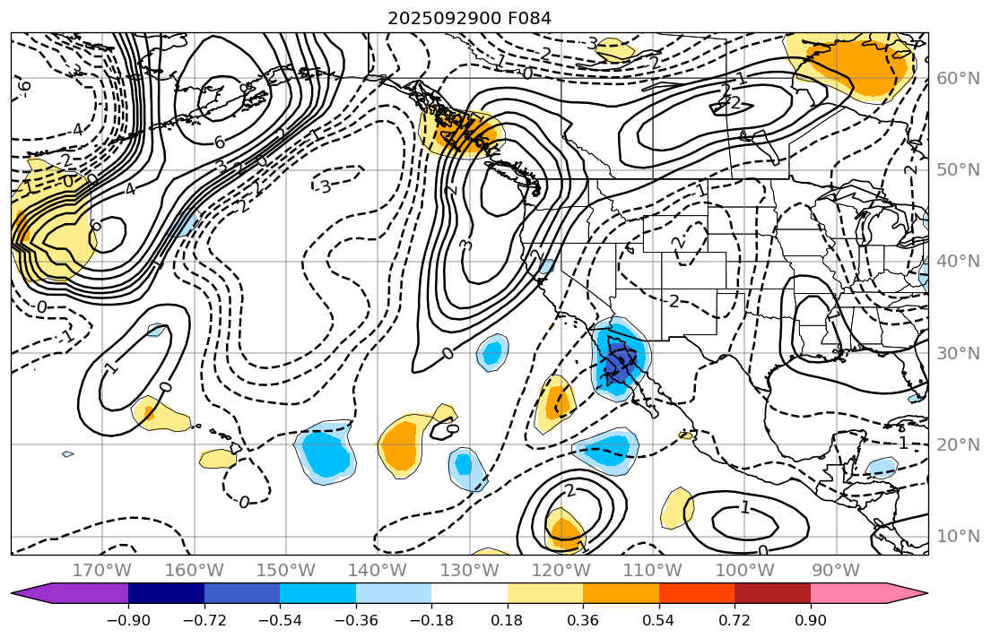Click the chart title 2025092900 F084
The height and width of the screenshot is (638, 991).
click(x=469, y=18)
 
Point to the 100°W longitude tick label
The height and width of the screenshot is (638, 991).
click(x=744, y=571)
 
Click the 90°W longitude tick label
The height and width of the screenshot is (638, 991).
click(x=836, y=571)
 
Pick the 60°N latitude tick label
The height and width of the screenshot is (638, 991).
click(x=957, y=79)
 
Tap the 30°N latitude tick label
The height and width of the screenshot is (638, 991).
click(x=957, y=353)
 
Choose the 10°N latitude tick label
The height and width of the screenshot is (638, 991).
click(x=957, y=536)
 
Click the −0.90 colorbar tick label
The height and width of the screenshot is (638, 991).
click(x=128, y=621)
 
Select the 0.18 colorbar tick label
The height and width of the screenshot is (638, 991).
click(x=508, y=621)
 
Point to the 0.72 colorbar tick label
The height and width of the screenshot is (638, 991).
click(x=735, y=621)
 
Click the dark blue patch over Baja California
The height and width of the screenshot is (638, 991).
click(x=619, y=363)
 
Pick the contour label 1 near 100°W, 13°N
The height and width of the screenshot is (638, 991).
click(x=744, y=508)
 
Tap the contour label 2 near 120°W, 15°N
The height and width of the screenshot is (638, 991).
click(x=569, y=490)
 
